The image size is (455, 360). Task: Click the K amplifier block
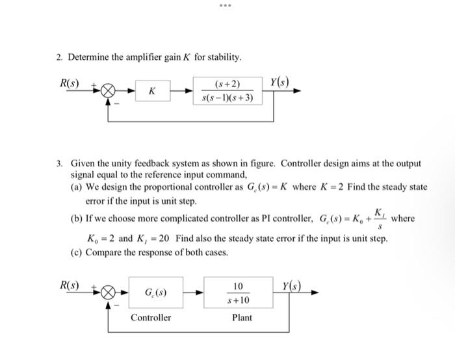click(151, 92)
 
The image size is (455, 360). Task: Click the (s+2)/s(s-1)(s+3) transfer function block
click(227, 92)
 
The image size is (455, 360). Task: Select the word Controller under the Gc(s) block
click(151, 318)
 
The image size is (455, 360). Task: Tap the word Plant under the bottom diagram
click(242, 318)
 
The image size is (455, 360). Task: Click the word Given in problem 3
click(84, 163)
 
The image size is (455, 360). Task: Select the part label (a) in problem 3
click(77, 186)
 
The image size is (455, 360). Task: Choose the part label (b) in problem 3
click(77, 218)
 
